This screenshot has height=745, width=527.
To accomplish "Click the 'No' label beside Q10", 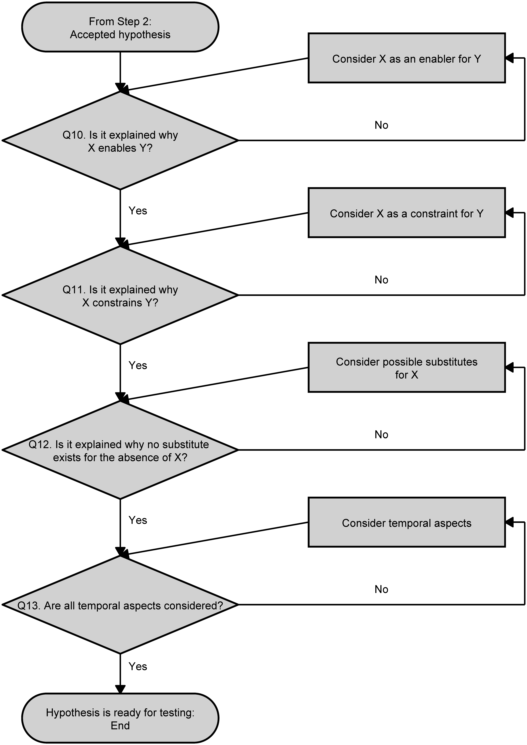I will (381, 125).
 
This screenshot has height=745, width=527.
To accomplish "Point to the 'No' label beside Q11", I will (381, 280).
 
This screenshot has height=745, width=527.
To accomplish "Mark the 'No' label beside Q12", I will (381, 434).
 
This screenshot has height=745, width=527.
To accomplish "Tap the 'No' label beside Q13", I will (381, 589).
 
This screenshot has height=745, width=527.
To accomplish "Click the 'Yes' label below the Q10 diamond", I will (138, 211).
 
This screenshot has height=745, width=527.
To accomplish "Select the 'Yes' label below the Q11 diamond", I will (138, 365).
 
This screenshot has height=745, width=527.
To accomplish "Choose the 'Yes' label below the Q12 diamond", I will (138, 520).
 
